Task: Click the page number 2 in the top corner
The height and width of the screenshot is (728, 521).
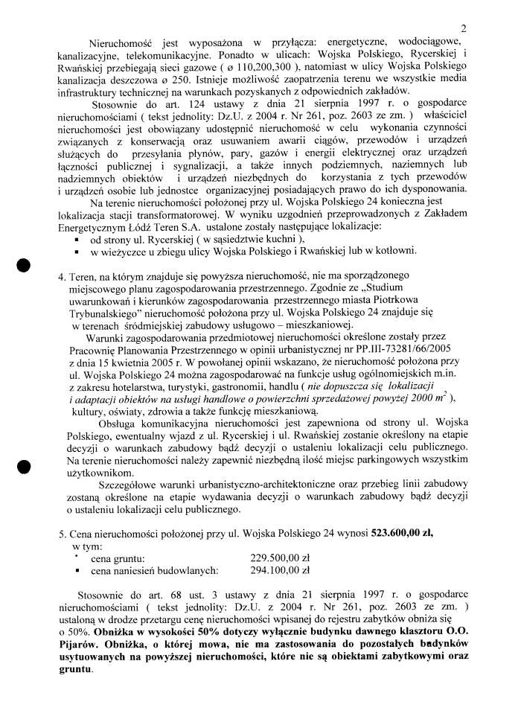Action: click(463, 29)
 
